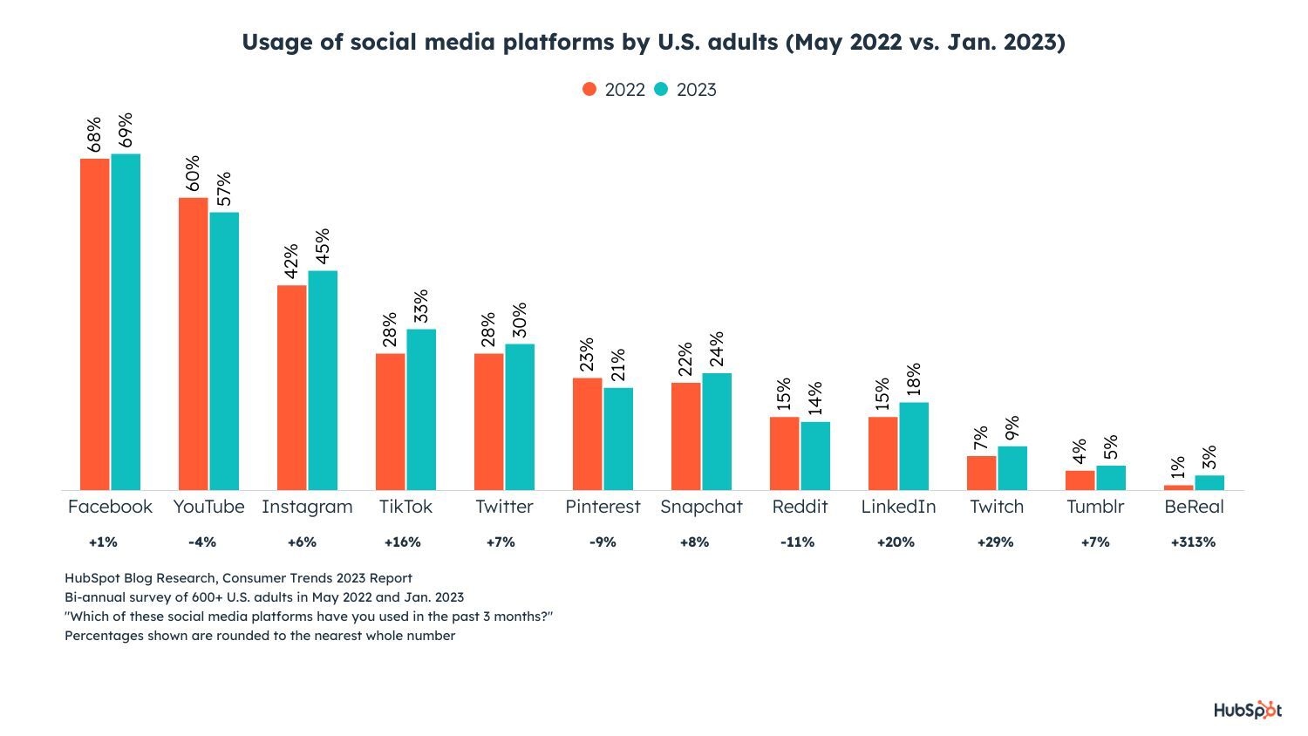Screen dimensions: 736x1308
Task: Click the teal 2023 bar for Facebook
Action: pyautogui.click(x=126, y=322)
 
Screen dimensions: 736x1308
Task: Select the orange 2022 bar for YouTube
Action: pyautogui.click(x=193, y=344)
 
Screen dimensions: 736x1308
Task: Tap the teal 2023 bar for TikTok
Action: pyautogui.click(x=421, y=409)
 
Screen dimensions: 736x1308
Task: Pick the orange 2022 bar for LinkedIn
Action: pyautogui.click(x=882, y=453)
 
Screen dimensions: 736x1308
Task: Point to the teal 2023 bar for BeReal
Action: pyautogui.click(x=1209, y=482)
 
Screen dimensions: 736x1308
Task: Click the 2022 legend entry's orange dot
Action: pyautogui.click(x=590, y=90)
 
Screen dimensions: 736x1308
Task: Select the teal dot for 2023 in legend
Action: pyautogui.click(x=662, y=90)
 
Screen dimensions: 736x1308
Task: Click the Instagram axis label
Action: pyautogui.click(x=307, y=507)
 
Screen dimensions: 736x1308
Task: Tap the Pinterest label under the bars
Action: pyautogui.click(x=603, y=507)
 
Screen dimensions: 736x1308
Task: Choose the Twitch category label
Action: pyautogui.click(x=997, y=507)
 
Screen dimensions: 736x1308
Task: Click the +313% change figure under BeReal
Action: pyautogui.click(x=1193, y=542)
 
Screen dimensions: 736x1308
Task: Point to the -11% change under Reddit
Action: pyautogui.click(x=797, y=542)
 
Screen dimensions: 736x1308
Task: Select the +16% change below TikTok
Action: pyautogui.click(x=402, y=542)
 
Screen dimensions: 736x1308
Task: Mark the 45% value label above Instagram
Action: pyautogui.click(x=323, y=247)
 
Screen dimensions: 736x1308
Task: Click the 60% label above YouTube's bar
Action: pyautogui.click(x=193, y=174)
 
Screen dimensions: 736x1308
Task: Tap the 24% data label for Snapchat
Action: pyautogui.click(x=717, y=350)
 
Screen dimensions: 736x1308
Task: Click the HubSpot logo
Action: pyautogui.click(x=1247, y=711)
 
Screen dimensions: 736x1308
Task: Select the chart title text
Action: pyautogui.click(x=653, y=43)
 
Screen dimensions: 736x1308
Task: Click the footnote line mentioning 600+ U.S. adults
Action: pyautogui.click(x=264, y=597)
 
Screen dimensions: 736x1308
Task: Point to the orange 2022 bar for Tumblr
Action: pyautogui.click(x=1080, y=480)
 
